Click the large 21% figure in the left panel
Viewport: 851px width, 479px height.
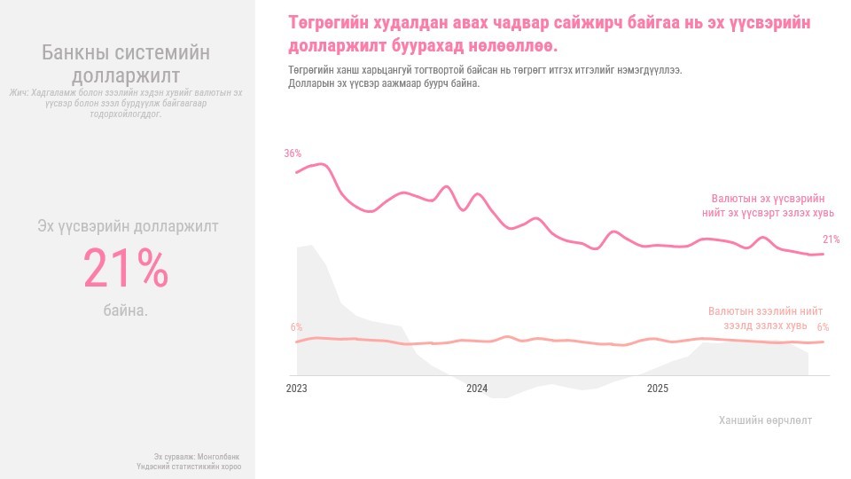[x=126, y=269]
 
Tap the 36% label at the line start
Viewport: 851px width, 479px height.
[x=293, y=153]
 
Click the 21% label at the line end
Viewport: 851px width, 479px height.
[x=831, y=239]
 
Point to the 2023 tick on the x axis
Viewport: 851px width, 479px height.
[x=296, y=389]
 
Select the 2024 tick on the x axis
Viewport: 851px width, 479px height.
[x=477, y=389]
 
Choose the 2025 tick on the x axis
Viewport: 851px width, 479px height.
[x=658, y=389]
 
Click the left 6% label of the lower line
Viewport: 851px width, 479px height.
[x=296, y=327]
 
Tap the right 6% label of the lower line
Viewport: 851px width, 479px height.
[x=823, y=327]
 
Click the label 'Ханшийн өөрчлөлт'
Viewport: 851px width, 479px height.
[x=765, y=420]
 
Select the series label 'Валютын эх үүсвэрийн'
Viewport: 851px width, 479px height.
[x=768, y=199]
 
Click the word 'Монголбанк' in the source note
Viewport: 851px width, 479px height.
[x=218, y=456]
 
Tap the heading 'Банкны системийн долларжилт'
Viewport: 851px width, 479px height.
[x=126, y=64]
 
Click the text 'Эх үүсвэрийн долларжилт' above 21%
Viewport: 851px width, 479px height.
[x=128, y=226]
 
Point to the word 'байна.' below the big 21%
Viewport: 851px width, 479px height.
[x=126, y=311]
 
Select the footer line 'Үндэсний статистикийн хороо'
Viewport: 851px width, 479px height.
[x=189, y=466]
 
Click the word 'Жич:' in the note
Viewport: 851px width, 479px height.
[x=19, y=92]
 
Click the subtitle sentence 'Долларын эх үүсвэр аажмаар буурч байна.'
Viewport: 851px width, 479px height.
[x=384, y=83]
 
